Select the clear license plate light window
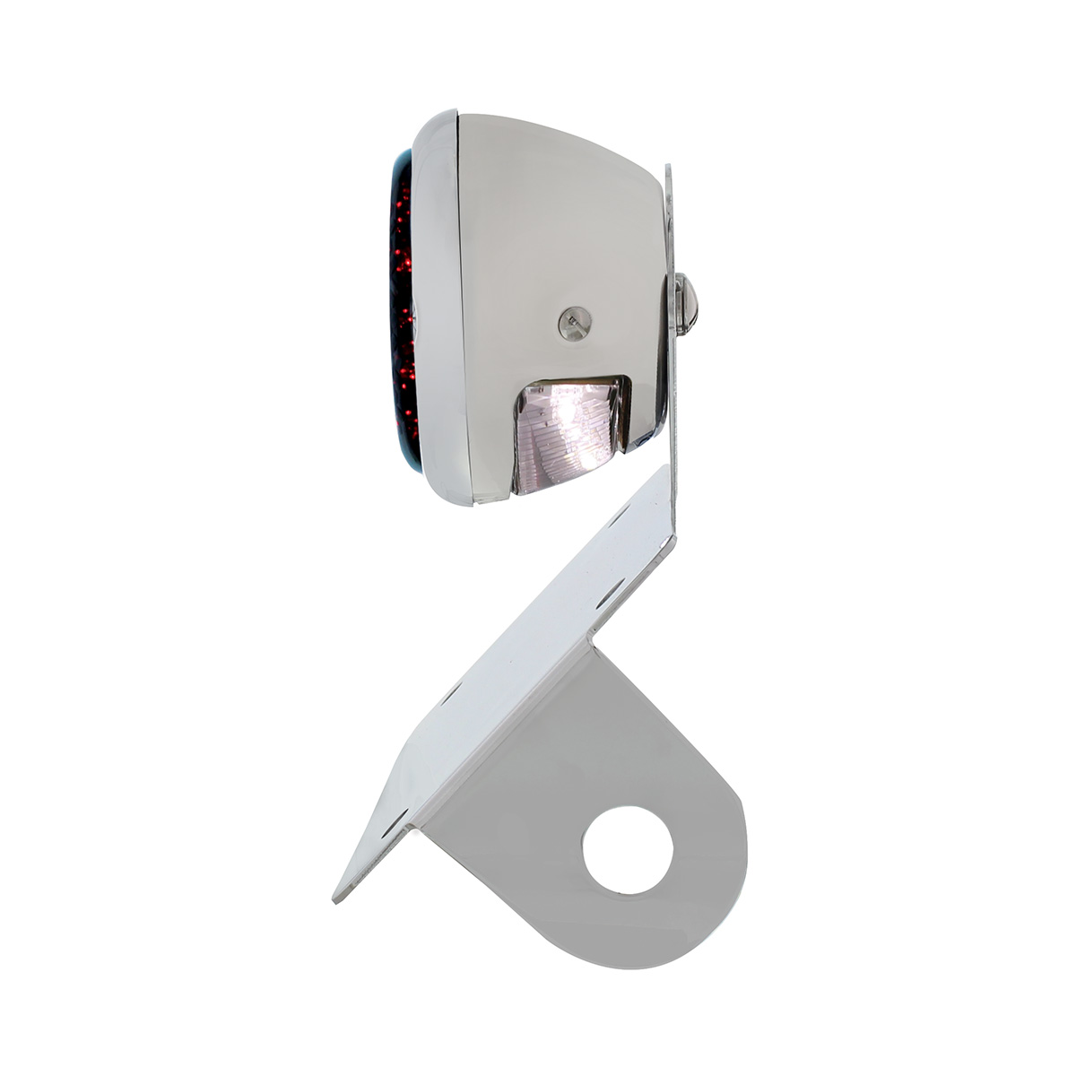(x=568, y=431)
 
